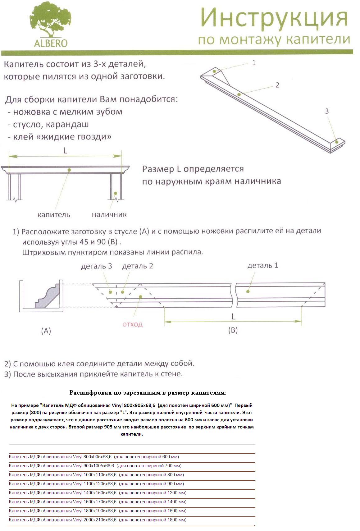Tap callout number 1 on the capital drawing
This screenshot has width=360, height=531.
coord(253,63)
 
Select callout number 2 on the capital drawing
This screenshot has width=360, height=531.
coord(277,85)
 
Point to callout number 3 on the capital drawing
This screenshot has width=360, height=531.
coord(326,111)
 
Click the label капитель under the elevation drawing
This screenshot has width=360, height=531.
coord(54,215)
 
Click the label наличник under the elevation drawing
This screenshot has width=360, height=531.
coord(109,215)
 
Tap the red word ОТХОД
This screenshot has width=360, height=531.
coord(133,324)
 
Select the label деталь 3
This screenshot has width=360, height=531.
coord(96,266)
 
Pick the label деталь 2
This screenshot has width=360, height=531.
coord(138,266)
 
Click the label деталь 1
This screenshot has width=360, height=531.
coord(263,266)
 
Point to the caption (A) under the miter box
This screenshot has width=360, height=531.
coord(46,331)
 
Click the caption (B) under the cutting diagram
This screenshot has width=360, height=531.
coord(233,330)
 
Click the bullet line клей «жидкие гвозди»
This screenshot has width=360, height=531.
coord(60,137)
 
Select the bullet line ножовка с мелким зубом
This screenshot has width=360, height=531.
coord(65,112)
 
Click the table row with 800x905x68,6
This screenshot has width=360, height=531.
coord(94,457)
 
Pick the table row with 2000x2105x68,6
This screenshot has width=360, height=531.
coord(98,520)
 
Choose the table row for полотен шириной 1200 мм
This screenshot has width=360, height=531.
coord(98,493)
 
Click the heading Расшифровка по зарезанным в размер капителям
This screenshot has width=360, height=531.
coord(148,393)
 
